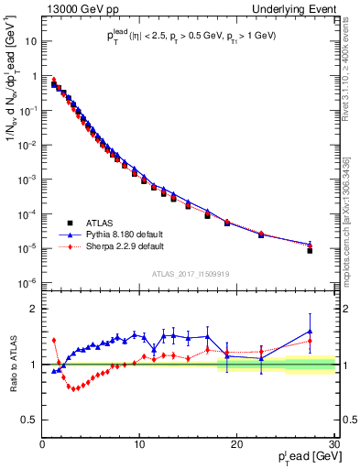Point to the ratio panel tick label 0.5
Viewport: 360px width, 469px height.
[29, 420]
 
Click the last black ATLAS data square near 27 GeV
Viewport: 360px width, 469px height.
[310, 250]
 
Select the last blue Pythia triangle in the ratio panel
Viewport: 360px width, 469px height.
[310, 331]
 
